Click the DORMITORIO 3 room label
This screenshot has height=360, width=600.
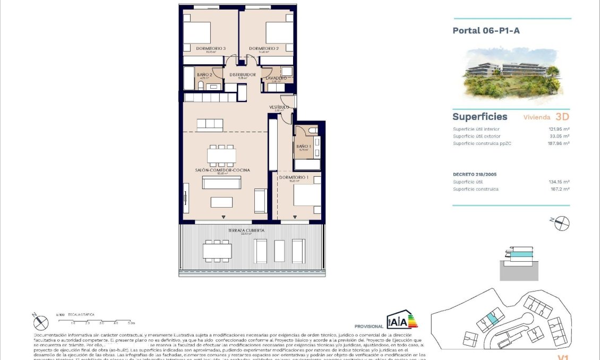pos(211,49)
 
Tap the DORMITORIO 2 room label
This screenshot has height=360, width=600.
pos(264,49)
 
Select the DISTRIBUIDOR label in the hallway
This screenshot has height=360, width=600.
pos(243,75)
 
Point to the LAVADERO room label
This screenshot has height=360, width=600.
pos(276,78)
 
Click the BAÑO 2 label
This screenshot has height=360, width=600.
pos(204,75)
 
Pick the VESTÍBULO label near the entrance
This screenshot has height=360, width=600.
pos(279,107)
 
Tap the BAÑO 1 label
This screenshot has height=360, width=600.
pos(303,147)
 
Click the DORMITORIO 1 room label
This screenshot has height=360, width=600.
pos(294,177)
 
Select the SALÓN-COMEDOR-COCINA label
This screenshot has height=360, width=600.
pos(222,170)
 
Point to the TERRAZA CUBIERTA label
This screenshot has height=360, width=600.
pos(246,230)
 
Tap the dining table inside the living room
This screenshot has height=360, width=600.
pos(222,156)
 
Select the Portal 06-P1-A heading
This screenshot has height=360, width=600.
pos(486,31)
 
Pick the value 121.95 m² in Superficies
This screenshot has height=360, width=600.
pos(559,129)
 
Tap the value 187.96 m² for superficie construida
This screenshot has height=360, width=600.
pos(559,143)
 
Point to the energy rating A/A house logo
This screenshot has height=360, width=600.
pos(402,320)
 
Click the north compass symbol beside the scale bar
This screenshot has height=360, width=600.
pos(40,322)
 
